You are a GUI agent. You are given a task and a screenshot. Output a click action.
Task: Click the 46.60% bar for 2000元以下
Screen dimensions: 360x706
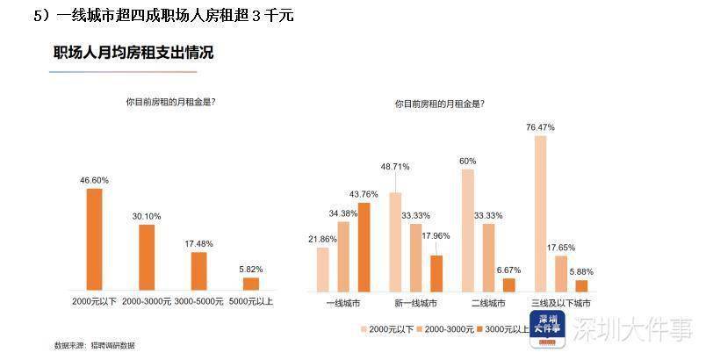pos(94,239)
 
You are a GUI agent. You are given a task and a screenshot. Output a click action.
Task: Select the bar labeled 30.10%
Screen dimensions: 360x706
pos(147,257)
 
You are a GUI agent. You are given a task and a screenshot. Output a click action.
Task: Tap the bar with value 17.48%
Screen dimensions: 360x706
pos(198,270)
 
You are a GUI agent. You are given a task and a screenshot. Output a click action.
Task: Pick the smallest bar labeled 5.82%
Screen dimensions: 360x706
pos(251,284)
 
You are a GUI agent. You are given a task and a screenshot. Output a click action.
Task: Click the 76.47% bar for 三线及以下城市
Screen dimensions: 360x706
pos(540,212)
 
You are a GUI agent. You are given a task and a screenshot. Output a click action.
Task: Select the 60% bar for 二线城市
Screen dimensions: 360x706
pos(467,229)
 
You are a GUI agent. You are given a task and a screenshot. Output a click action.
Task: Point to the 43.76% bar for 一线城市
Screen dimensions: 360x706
pos(364,247)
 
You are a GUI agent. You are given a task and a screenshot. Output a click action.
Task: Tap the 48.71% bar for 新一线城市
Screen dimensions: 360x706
pos(395,241)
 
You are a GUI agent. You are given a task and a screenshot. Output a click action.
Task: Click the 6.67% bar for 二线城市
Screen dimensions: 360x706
pos(508,284)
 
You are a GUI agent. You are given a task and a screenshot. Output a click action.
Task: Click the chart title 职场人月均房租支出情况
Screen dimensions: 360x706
pos(133,53)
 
